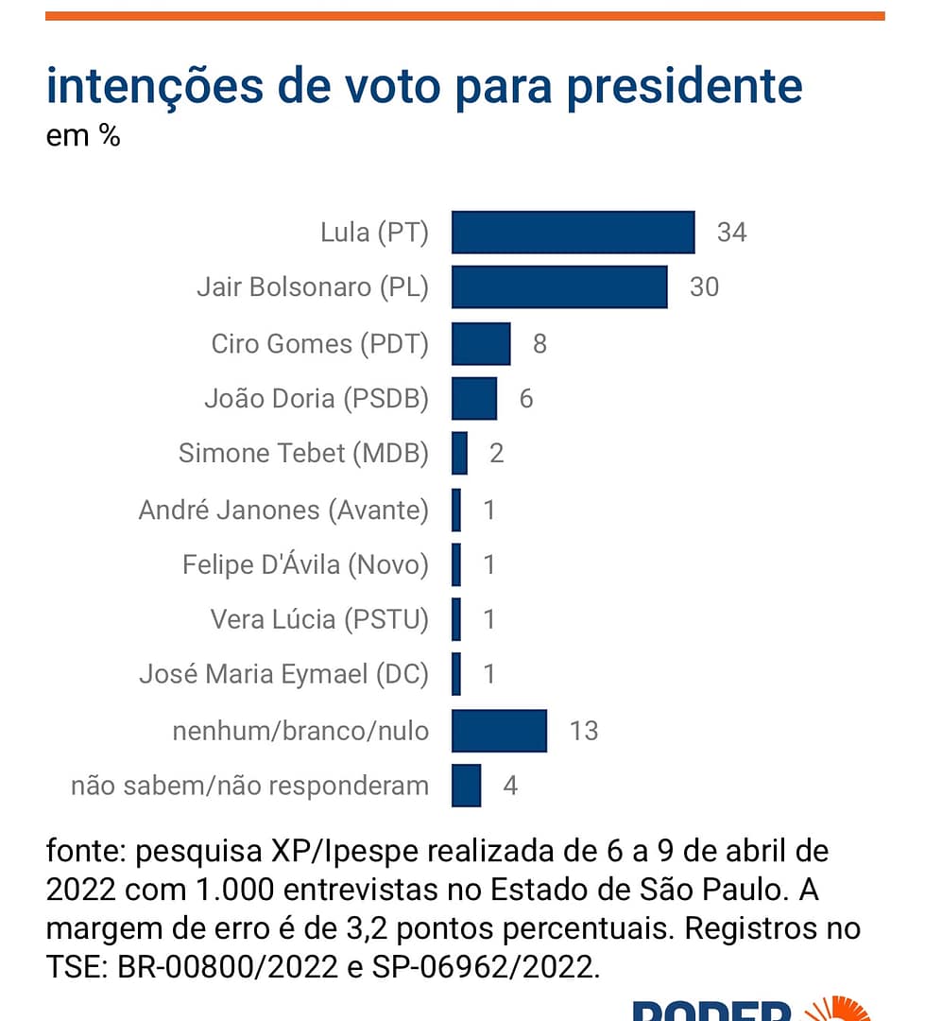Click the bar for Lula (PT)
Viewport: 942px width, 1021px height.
coord(573,233)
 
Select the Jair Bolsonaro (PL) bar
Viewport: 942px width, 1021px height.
coord(559,287)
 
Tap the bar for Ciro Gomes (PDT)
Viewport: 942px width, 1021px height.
coord(481,343)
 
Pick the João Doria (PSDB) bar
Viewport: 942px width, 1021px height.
coord(474,398)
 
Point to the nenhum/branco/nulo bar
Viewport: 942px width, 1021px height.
coord(499,731)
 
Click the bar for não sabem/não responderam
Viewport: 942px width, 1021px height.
coord(466,786)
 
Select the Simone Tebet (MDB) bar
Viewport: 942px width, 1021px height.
coord(460,453)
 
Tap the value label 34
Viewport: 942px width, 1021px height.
coord(731,233)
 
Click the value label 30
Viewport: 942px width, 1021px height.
coord(704,287)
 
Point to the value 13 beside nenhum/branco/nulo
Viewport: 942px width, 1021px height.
coord(584,731)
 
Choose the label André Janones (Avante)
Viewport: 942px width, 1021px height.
coord(283,510)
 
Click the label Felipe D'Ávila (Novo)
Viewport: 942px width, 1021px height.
coord(305,565)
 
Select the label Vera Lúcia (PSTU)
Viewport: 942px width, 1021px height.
coord(319,620)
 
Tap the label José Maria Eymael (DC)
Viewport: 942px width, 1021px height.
coord(283,675)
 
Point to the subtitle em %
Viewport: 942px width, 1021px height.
coord(83,136)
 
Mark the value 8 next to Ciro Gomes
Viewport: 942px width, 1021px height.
coord(540,343)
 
